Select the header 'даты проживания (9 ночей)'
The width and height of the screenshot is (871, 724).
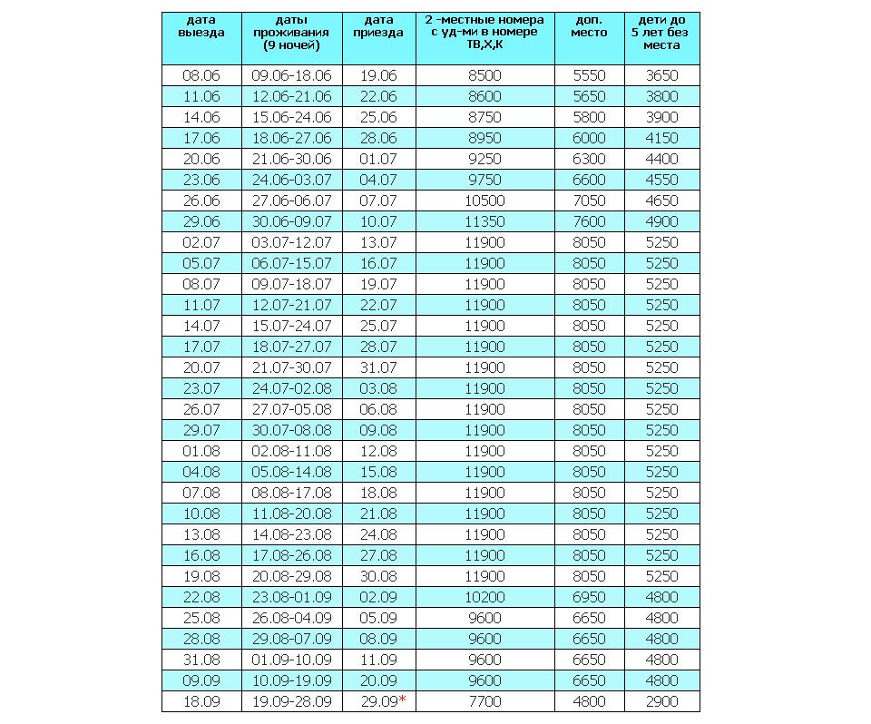291,32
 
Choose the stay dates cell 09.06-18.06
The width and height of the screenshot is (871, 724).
291,75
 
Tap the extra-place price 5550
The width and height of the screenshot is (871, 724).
589,75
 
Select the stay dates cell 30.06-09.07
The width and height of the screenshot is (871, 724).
291,221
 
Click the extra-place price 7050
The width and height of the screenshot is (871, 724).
589,201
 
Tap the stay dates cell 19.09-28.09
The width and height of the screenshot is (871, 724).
291,701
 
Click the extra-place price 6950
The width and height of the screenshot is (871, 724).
589,597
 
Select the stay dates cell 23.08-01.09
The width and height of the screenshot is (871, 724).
291,597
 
